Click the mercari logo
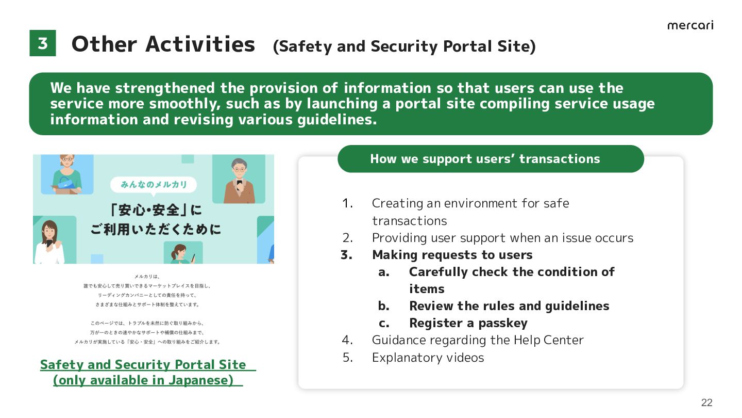click(x=690, y=26)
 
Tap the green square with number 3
click(x=43, y=43)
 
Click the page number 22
click(x=706, y=403)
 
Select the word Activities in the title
click(x=200, y=44)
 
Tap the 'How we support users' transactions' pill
click(x=491, y=158)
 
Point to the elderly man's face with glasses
click(x=239, y=169)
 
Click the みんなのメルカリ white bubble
click(x=154, y=184)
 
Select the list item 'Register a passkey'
click(x=468, y=323)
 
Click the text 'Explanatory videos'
click(x=428, y=357)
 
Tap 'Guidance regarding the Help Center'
click(x=478, y=340)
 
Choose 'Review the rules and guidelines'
click(x=509, y=306)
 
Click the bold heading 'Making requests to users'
click(x=452, y=255)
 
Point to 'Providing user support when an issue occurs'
click(x=502, y=238)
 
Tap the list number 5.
click(x=347, y=357)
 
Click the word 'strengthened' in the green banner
click(x=165, y=88)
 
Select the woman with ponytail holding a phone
click(x=180, y=254)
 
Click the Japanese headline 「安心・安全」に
click(x=156, y=210)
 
